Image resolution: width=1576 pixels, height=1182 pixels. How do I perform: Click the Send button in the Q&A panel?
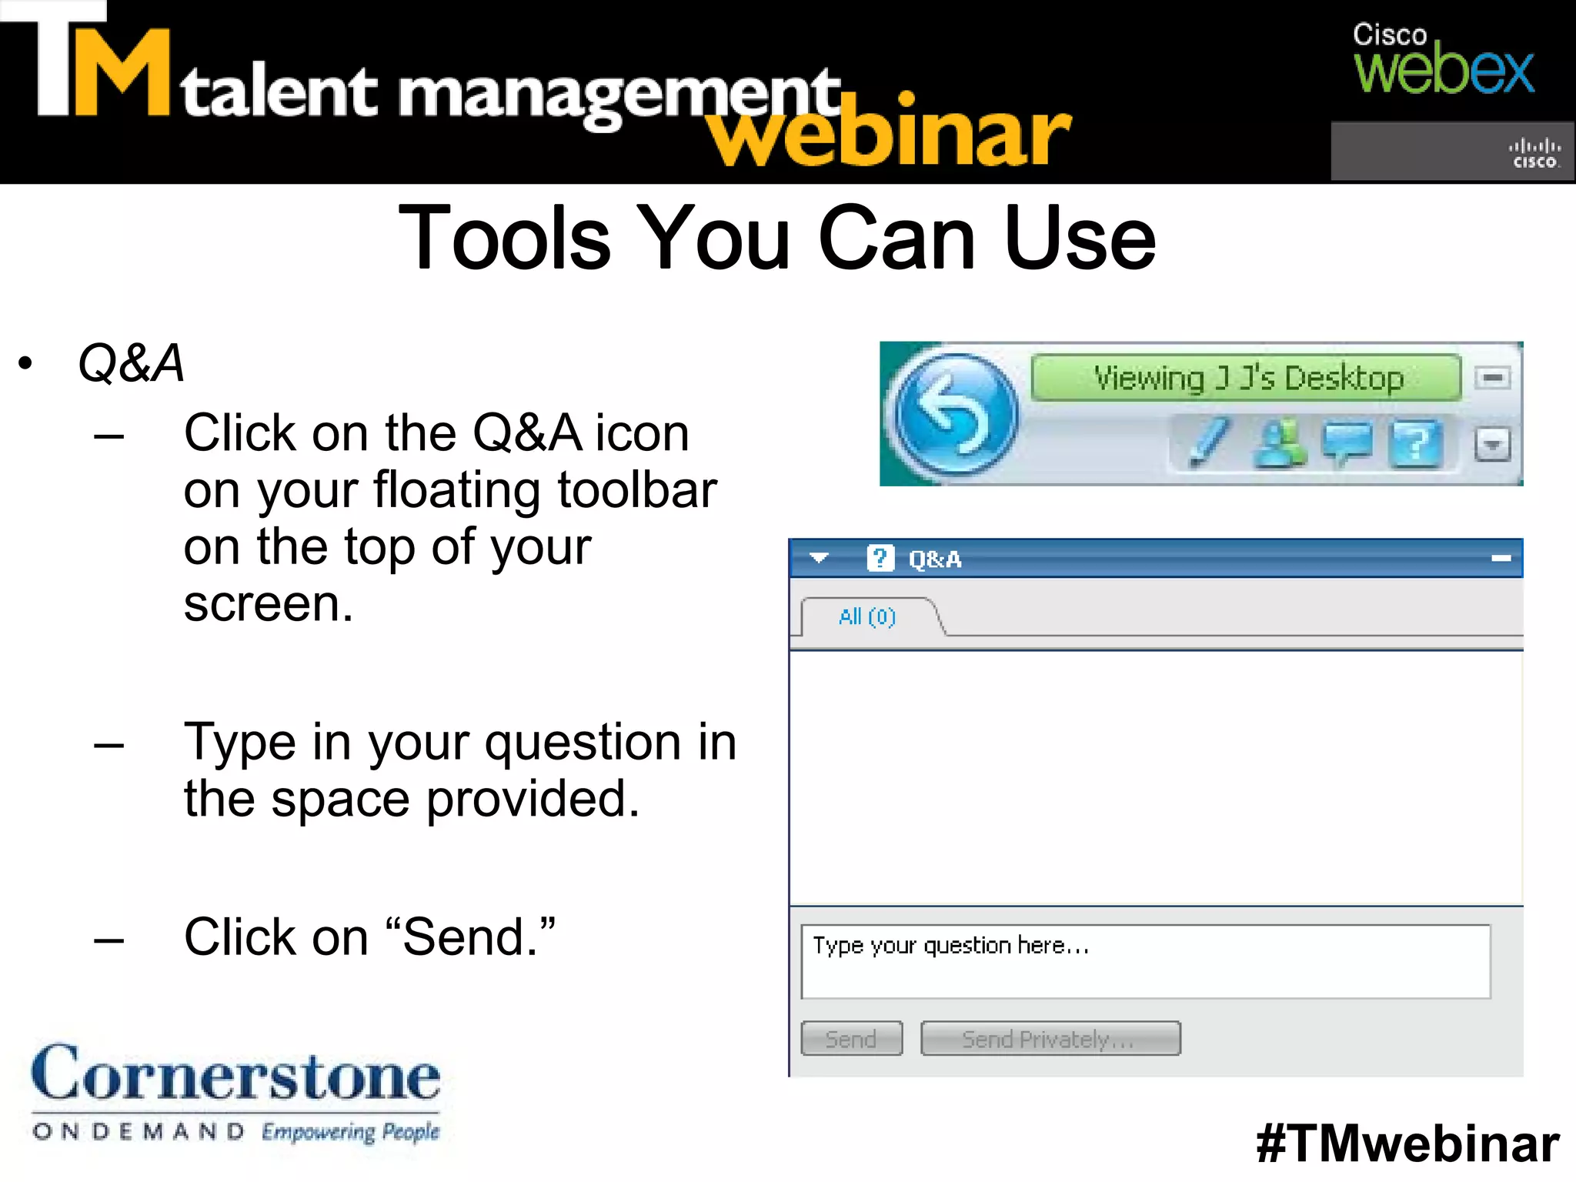(x=851, y=1039)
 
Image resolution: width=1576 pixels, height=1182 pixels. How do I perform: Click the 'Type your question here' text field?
(x=1145, y=962)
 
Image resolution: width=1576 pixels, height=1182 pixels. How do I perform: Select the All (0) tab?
(x=867, y=617)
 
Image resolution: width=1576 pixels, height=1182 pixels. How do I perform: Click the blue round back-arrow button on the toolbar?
(x=954, y=415)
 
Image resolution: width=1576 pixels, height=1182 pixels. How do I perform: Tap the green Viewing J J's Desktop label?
(x=1246, y=378)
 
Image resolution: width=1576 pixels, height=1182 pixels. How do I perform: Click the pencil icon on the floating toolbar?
(x=1208, y=442)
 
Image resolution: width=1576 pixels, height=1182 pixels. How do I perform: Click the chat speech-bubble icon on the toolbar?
(x=1347, y=442)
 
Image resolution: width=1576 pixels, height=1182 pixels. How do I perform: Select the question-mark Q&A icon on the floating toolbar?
(x=1415, y=444)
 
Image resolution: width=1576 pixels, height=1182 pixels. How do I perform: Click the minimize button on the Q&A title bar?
(x=1501, y=559)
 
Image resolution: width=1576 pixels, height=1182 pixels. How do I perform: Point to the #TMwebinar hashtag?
(x=1407, y=1144)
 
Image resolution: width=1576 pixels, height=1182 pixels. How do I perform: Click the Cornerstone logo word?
(x=235, y=1074)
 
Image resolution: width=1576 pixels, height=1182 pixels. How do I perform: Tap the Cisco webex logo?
(x=1443, y=60)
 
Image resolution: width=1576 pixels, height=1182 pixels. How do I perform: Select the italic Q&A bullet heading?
(x=132, y=362)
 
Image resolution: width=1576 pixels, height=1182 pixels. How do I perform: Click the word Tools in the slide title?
(x=504, y=239)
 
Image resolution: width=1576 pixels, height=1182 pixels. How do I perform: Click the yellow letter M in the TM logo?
(x=121, y=73)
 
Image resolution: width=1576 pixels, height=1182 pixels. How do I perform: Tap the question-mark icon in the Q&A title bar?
(x=880, y=558)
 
